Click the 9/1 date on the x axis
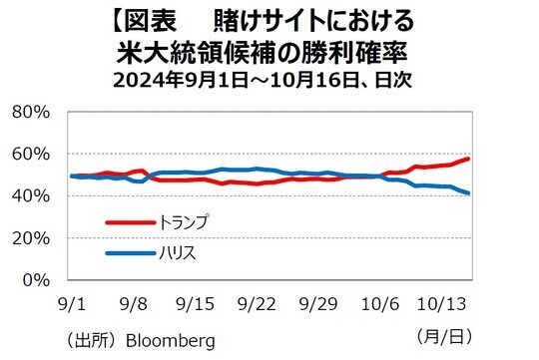[72, 301]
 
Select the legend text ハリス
[178, 253]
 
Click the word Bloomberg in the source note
[171, 341]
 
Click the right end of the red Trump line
[469, 159]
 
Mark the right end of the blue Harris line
[469, 192]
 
